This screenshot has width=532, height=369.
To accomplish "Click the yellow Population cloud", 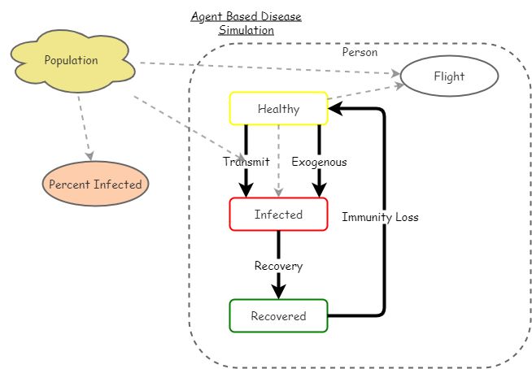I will tap(71, 61).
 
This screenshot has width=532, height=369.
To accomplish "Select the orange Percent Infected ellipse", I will tap(95, 184).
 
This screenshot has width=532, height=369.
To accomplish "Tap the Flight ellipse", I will tap(449, 77).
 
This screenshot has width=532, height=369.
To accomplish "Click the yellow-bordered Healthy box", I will tap(278, 109).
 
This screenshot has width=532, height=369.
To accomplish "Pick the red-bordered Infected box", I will tap(278, 215).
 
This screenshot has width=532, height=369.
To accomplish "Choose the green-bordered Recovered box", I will tap(278, 316).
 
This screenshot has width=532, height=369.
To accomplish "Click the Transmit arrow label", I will tap(246, 162).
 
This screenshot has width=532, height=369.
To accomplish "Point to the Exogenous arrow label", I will tap(319, 162).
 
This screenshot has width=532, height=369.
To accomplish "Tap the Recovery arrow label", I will tap(278, 266).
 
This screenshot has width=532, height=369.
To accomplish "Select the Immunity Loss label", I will tap(380, 217).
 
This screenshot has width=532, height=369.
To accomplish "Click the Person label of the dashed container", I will tap(360, 52).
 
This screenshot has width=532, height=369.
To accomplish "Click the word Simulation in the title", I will tap(246, 30).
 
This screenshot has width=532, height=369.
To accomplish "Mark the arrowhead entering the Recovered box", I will tap(278, 293).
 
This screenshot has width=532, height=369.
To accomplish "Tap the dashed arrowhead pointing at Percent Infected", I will tap(89, 154).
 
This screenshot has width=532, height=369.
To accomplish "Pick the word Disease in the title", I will tap(278, 16).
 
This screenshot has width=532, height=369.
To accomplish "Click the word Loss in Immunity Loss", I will tap(404, 217).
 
